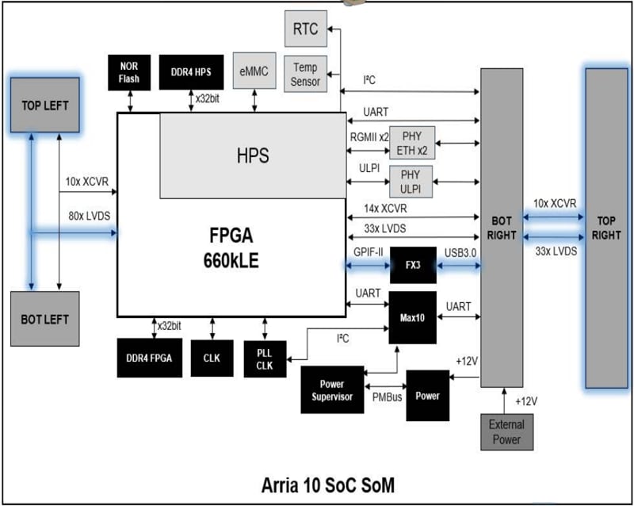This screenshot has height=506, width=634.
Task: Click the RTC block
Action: click(x=305, y=29)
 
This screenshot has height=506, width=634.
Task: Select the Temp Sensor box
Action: click(x=305, y=75)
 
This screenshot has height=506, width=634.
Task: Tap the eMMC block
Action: click(x=254, y=72)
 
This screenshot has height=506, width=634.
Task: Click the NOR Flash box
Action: click(x=129, y=72)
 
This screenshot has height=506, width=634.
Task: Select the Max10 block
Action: click(x=412, y=316)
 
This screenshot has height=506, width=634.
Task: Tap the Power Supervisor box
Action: click(x=332, y=390)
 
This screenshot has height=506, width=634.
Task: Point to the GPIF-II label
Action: click(x=367, y=253)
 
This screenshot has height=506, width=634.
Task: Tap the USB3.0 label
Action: click(x=459, y=253)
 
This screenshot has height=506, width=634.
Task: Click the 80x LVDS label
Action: click(x=87, y=217)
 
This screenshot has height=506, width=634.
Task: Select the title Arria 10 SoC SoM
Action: click(x=328, y=483)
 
